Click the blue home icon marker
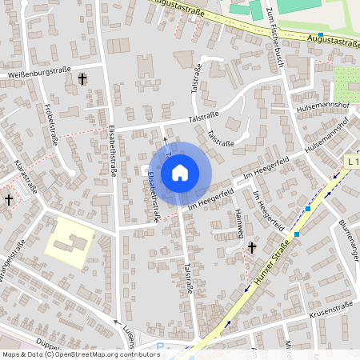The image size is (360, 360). tap(180, 172)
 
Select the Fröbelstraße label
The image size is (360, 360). tap(50, 128)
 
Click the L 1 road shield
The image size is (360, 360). tap(352, 162)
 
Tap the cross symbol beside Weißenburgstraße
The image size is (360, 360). tap(82, 78)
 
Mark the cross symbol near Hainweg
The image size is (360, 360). tap(251, 249)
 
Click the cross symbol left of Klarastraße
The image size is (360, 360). tap(9, 199)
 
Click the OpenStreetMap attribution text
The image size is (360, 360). tap(80, 354)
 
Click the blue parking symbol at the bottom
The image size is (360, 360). tap(159, 347)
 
